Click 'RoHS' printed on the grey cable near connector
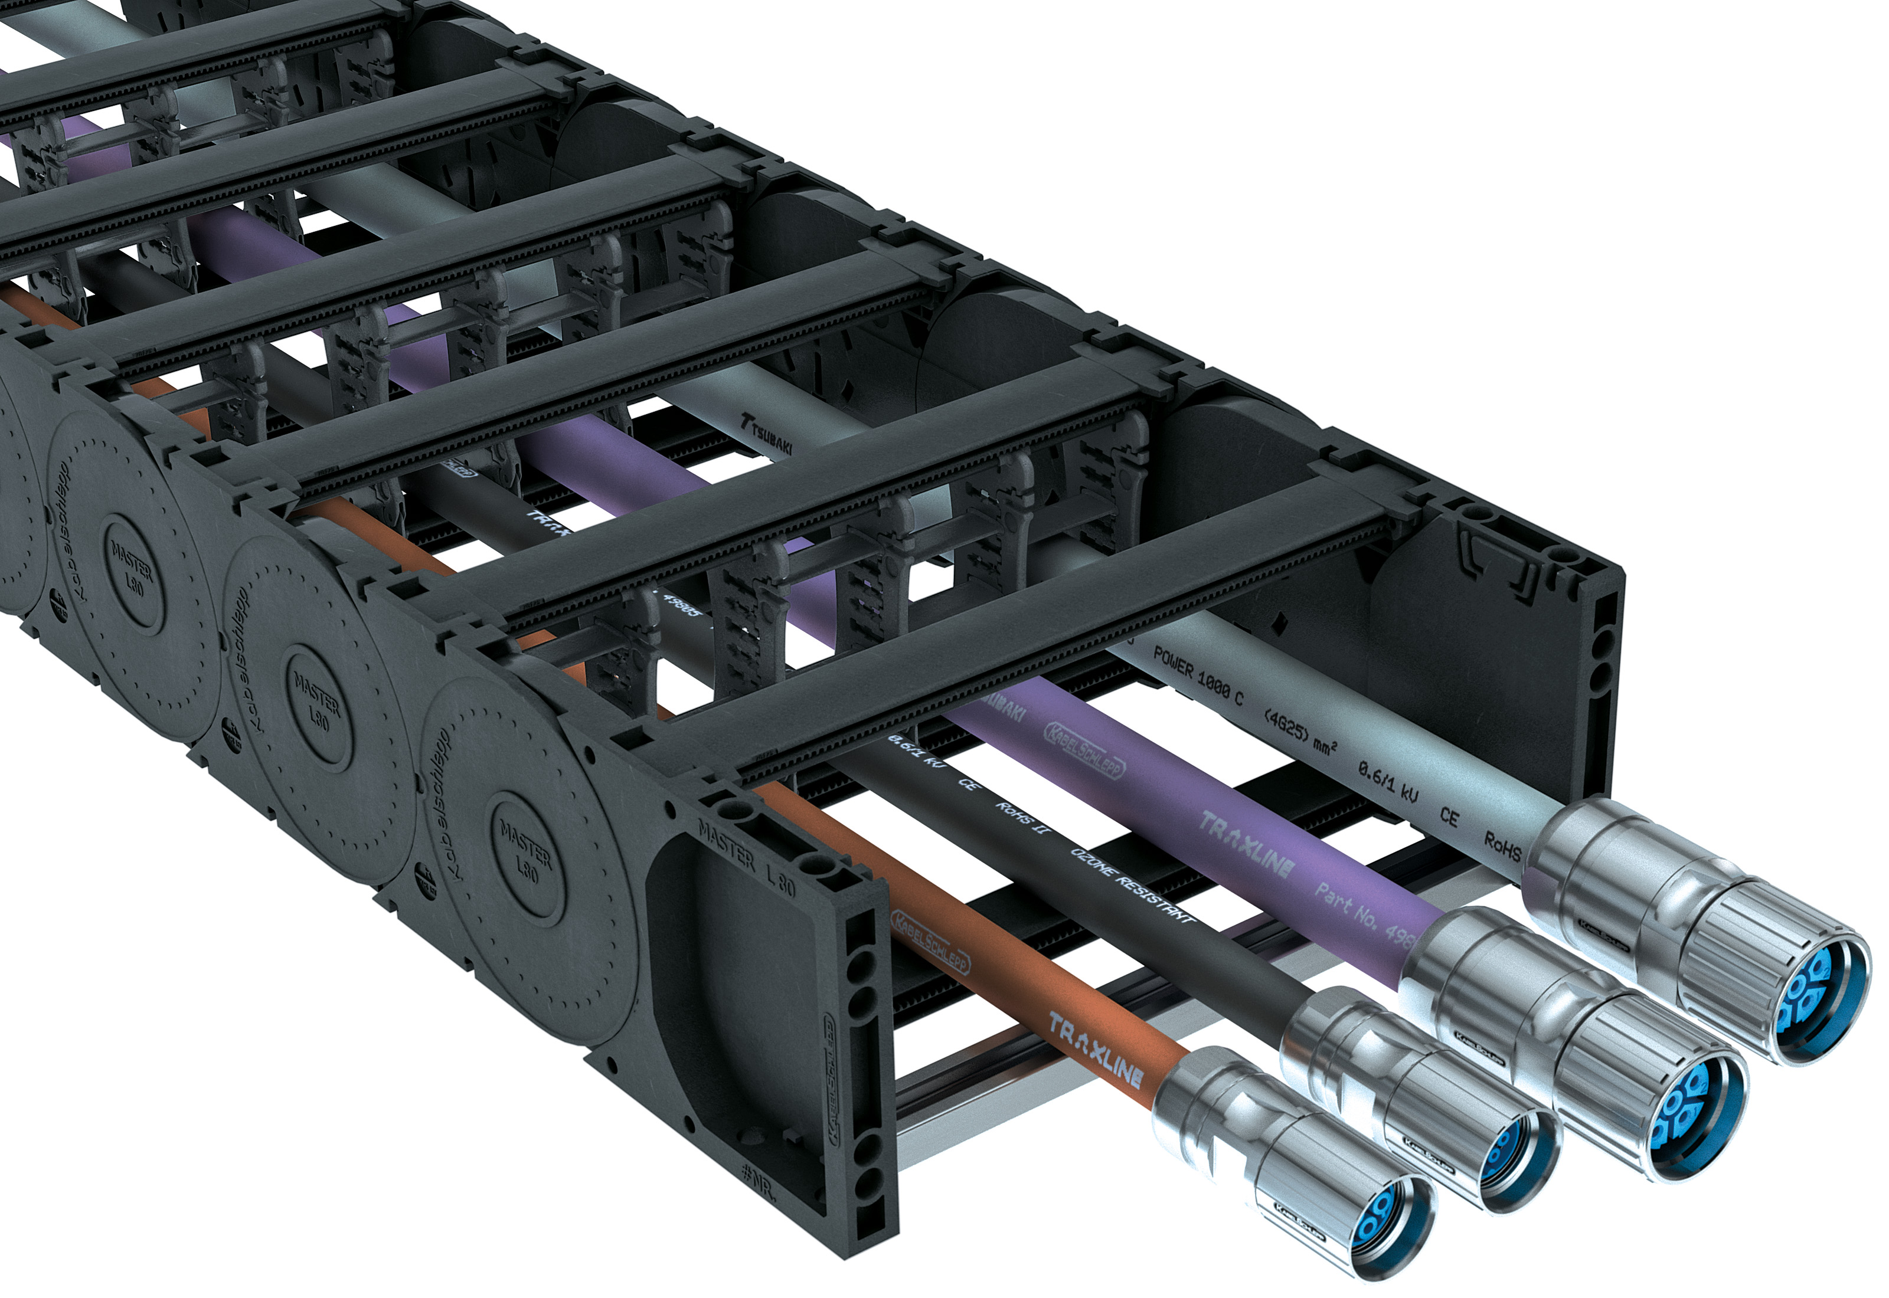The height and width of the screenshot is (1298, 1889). (1502, 846)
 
